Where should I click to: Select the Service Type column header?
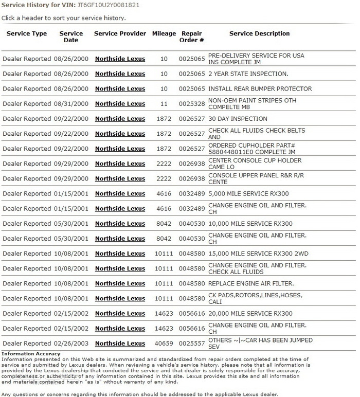click(27, 34)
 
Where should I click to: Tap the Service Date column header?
click(71, 37)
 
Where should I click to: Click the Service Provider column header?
click(120, 34)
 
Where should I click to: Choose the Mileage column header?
click(164, 34)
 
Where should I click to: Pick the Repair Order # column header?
click(192, 37)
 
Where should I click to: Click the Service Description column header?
click(259, 34)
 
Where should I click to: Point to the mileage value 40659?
click(164, 344)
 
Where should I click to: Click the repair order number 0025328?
click(192, 104)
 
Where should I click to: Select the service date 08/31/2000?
click(71, 104)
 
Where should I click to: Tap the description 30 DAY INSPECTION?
click(238, 119)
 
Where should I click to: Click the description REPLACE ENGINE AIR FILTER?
click(251, 283)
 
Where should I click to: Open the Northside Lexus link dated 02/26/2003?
click(120, 344)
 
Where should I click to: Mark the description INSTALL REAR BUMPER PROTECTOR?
click(260, 89)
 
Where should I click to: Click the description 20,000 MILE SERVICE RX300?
click(250, 314)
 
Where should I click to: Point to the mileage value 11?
click(164, 104)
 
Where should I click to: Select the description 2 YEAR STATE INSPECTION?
click(248, 74)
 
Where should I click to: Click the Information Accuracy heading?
click(31, 354)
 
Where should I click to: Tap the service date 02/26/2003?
click(71, 344)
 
